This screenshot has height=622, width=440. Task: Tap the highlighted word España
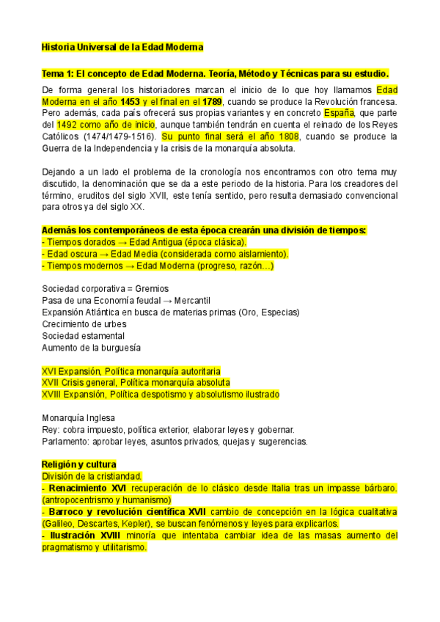pos(340,113)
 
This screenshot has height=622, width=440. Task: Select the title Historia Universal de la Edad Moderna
pos(122,47)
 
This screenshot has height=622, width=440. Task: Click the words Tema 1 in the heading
pos(56,74)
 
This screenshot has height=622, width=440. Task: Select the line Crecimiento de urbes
pos(84,324)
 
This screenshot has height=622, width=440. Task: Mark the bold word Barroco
pos(67,511)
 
